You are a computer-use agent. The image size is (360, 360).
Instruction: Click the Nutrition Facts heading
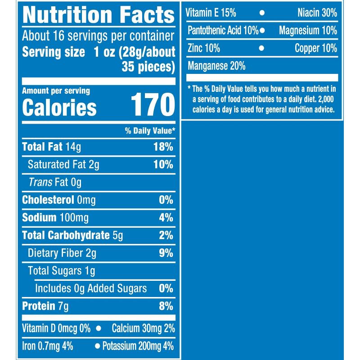pos(98,15)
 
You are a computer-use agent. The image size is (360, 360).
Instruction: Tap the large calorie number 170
pos(152,106)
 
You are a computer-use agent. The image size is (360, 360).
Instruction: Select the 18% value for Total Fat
pos(163,147)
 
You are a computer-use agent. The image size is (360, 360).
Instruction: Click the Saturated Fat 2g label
pos(63,165)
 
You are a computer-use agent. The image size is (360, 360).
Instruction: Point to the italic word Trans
pos(40,182)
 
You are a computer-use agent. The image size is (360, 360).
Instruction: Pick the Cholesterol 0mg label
pos(59,200)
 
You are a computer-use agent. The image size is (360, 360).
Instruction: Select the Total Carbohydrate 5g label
pos(72,235)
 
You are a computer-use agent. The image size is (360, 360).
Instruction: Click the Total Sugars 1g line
pos(61,271)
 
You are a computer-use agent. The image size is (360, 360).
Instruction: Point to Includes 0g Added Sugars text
pos(90,288)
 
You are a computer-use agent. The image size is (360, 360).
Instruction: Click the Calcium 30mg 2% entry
pos(143,328)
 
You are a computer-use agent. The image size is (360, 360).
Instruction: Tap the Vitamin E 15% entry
pos(211,13)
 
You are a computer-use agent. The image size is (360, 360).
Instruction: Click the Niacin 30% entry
pos(317,13)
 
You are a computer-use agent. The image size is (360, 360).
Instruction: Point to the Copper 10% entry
pos(315,48)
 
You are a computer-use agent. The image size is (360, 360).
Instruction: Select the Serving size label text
pos(53,52)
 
